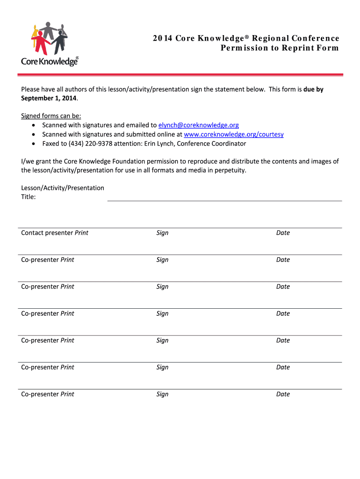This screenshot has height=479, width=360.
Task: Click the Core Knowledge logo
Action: tap(50, 44)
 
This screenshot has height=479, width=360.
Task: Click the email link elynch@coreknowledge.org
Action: tap(199, 125)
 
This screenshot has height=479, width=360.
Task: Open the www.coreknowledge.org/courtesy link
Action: tap(234, 134)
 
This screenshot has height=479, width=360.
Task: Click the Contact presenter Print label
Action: tap(55, 233)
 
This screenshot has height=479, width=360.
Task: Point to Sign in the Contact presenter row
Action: tap(162, 233)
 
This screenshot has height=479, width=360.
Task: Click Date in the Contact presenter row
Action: tap(283, 233)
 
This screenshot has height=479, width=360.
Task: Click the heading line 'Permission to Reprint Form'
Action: tap(280, 48)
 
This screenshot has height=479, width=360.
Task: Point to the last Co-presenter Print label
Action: tap(48, 394)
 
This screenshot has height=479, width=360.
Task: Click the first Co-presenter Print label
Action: tap(48, 260)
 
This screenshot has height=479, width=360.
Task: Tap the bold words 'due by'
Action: tap(313, 89)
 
